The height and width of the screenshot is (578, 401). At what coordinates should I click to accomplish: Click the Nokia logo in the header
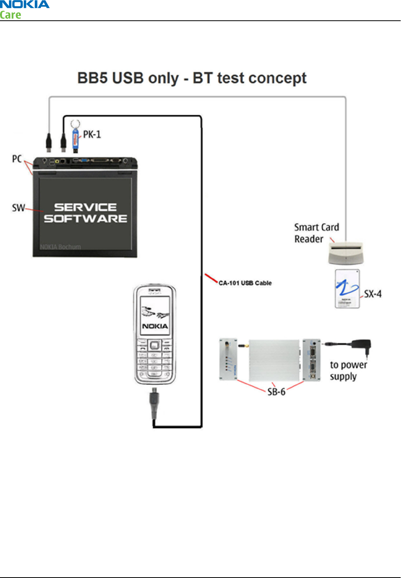[x=25, y=5]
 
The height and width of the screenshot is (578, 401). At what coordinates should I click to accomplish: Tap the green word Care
[x=11, y=15]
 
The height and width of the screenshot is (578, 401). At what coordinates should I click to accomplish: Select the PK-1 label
[x=92, y=134]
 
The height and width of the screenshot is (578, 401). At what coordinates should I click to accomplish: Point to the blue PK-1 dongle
[x=76, y=139]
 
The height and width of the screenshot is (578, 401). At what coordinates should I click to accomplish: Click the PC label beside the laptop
[x=17, y=159]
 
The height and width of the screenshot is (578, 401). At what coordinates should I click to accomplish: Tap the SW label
[x=18, y=208]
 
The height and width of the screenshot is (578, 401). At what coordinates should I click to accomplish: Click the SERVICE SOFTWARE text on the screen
[x=86, y=213]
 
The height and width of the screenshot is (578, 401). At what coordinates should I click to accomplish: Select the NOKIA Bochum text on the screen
[x=60, y=247]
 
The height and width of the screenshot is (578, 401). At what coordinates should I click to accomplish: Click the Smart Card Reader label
[x=316, y=233]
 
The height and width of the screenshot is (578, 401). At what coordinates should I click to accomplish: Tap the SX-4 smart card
[x=347, y=289]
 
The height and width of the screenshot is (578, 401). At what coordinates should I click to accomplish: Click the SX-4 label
[x=373, y=294]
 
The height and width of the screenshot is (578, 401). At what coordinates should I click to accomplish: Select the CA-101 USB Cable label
[x=245, y=283]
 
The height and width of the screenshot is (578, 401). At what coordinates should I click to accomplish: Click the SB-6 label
[x=276, y=392]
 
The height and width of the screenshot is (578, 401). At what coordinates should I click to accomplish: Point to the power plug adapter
[x=361, y=346]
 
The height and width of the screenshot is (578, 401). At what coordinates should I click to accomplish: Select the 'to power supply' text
[x=348, y=370]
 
